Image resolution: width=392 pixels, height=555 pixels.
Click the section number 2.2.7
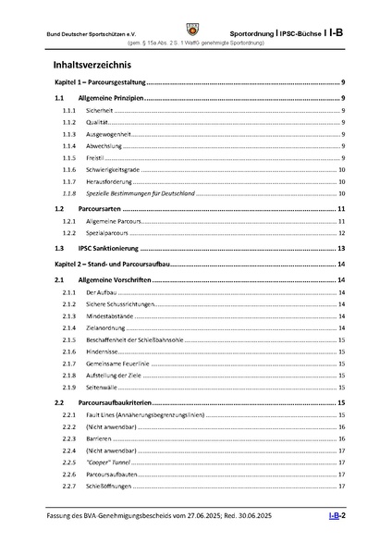68,487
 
